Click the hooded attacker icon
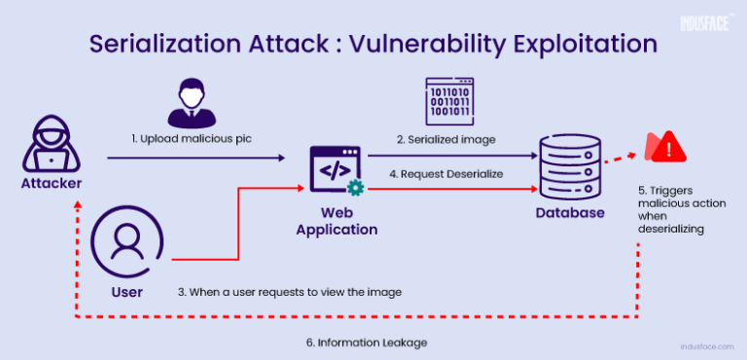pos(46,147)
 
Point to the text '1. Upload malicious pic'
pos(192,139)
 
